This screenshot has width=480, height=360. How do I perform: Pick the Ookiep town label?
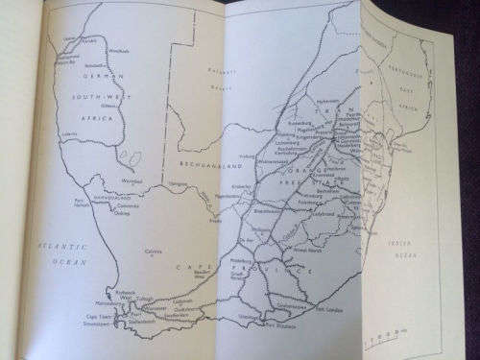(120, 214)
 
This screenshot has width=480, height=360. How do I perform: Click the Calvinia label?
(151, 252)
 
